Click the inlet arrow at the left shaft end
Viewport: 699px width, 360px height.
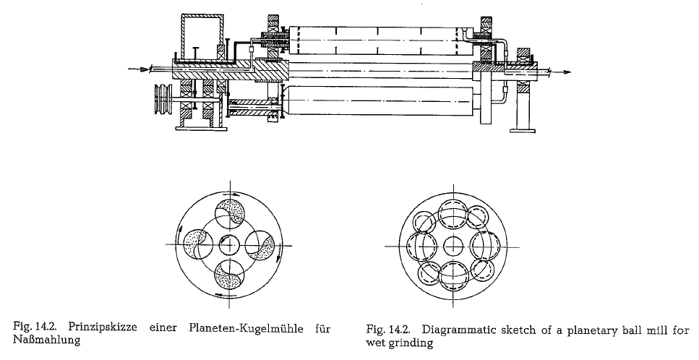click(138, 69)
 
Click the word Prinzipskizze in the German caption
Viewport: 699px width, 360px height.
click(103, 329)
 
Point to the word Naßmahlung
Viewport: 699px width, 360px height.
click(47, 340)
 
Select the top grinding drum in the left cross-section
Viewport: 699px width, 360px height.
click(230, 214)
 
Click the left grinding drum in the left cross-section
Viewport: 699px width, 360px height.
click(199, 244)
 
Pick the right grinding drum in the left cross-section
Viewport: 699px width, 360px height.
click(260, 244)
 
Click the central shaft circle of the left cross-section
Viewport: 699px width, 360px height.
click(230, 244)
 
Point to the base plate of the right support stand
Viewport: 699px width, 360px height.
click(523, 130)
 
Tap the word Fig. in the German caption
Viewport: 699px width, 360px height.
click(20, 329)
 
